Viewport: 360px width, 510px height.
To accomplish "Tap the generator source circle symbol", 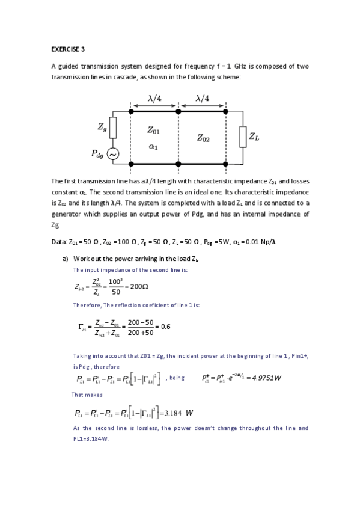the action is coord(113,155).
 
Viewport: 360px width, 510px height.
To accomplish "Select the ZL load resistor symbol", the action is coord(243,136).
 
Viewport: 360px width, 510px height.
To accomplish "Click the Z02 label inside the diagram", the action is coord(203,139).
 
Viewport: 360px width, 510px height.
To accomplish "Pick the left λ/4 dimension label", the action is coord(154,98).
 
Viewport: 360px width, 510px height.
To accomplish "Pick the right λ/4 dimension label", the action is coord(202,98).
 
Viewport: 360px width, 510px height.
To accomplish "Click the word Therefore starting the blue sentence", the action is coord(87,305).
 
